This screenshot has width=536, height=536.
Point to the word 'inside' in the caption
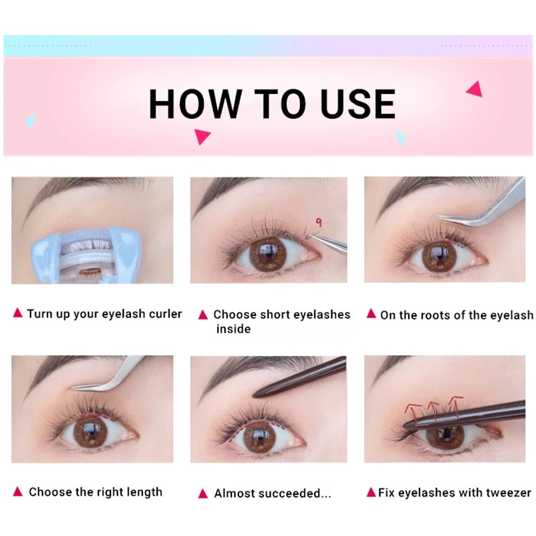point(233,329)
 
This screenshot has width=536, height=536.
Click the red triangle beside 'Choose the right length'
point(18,492)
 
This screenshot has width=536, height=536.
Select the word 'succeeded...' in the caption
point(297,493)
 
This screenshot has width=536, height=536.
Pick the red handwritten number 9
point(318,220)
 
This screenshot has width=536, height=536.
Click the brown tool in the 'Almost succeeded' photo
point(300,378)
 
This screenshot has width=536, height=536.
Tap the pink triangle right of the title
point(474,88)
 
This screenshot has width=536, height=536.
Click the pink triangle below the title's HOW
point(202,136)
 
